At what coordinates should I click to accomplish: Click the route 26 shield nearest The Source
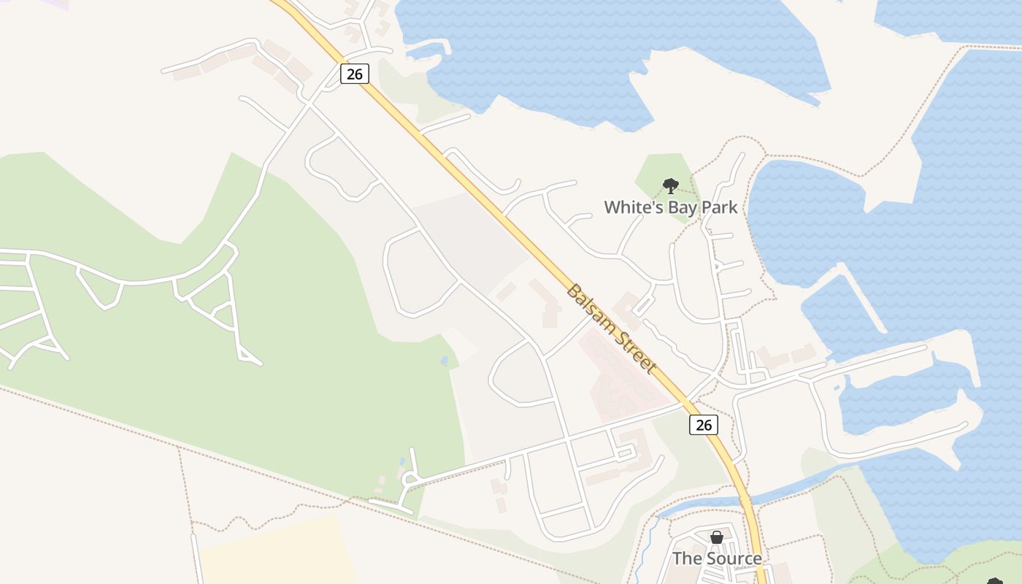[703, 424]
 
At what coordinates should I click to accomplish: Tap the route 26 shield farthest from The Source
[354, 73]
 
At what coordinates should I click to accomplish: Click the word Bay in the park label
[680, 207]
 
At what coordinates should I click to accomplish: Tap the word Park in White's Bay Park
[720, 207]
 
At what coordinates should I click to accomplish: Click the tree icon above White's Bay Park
[670, 185]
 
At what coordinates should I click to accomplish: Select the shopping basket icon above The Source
[717, 537]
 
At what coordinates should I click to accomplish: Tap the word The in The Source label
[687, 558]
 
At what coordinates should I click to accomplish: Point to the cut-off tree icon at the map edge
[994, 581]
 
